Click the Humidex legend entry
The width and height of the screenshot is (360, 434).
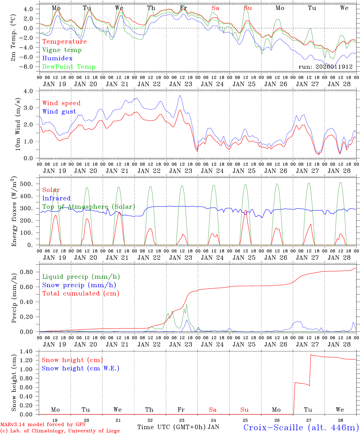tap(57, 58)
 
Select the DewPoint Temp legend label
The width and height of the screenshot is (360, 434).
tap(69, 67)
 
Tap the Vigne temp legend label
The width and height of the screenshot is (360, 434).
tap(62, 50)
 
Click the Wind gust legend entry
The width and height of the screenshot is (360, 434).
tap(59, 112)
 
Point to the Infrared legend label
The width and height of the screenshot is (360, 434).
tap(56, 198)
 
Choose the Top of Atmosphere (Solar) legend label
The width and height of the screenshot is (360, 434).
tap(89, 207)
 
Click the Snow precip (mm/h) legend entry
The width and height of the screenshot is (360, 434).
tap(79, 285)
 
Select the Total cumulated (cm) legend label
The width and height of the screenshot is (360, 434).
tap(81, 294)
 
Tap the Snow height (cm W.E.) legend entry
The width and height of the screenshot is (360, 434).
tap(81, 368)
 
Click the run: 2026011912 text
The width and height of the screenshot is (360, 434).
tap(326, 67)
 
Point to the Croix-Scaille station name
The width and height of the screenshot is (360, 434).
tap(301, 427)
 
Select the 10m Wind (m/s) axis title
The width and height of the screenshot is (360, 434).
tap(17, 124)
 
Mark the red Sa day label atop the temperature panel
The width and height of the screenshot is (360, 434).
tap(215, 8)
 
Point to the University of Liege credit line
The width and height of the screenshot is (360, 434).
tap(60, 431)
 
